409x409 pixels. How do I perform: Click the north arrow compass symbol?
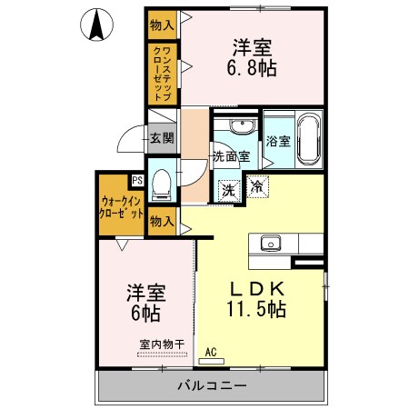(96, 24)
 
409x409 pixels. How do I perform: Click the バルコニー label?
(210, 385)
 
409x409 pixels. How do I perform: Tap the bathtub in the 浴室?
(308, 138)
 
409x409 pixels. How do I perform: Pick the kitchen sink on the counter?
(270, 243)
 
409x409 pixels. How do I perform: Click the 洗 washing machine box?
(229, 189)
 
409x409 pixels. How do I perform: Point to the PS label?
(137, 180)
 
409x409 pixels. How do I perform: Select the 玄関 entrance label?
(163, 138)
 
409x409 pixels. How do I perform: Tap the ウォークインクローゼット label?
(122, 208)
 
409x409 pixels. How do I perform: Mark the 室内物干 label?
(162, 344)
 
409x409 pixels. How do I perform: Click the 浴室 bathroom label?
(278, 141)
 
